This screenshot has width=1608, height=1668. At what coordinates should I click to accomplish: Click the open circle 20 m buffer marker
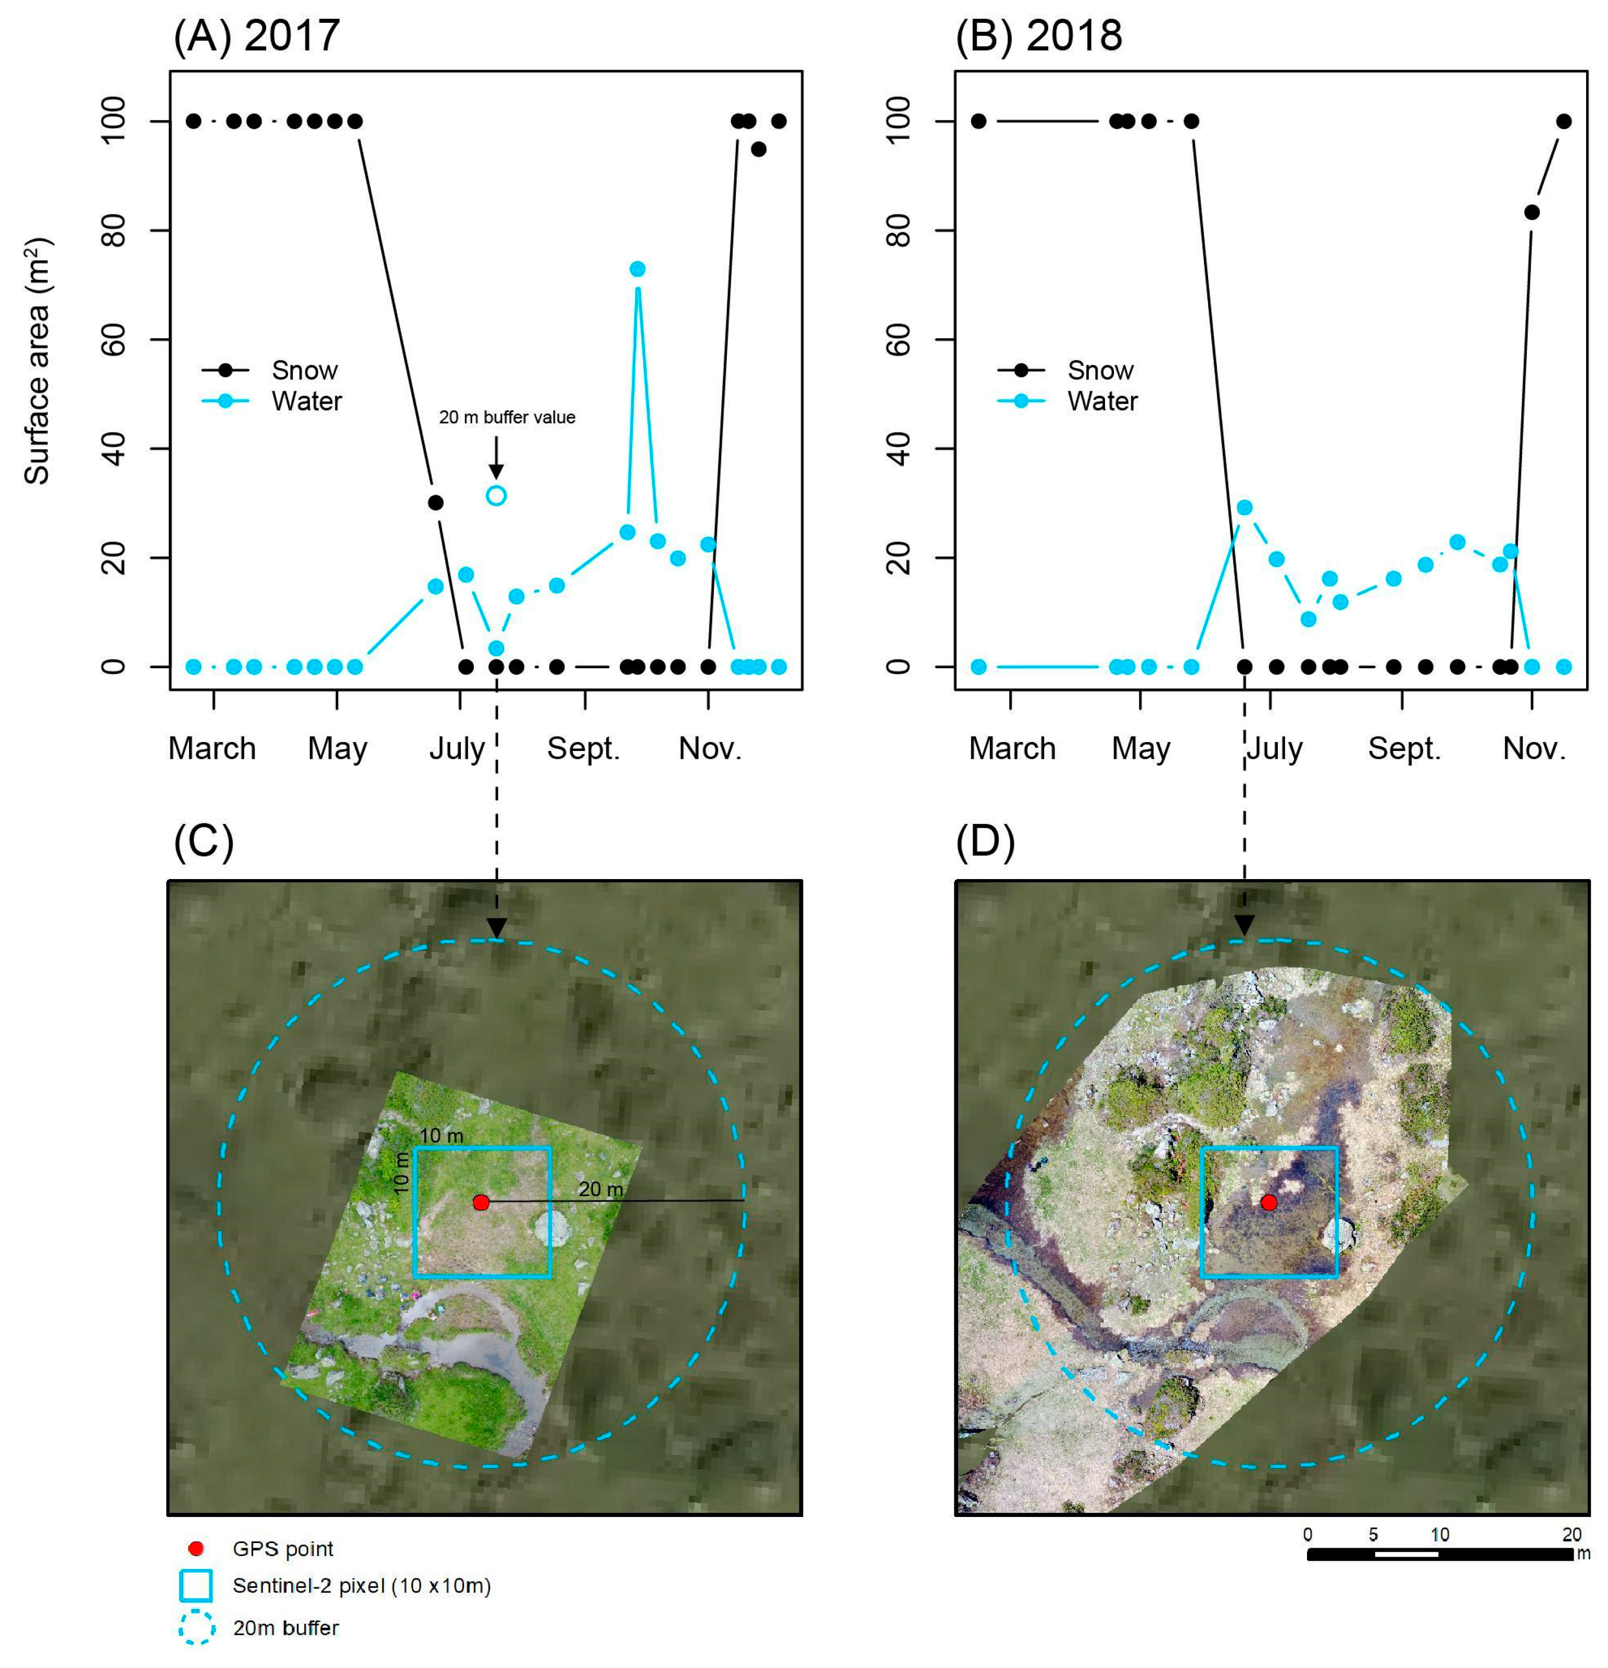pyautogui.click(x=496, y=495)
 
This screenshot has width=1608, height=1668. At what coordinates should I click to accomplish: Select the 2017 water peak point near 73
pyautogui.click(x=637, y=269)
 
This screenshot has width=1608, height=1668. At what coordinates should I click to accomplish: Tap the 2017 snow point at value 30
pyautogui.click(x=436, y=502)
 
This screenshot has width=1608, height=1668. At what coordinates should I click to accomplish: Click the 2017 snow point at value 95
pyautogui.click(x=759, y=149)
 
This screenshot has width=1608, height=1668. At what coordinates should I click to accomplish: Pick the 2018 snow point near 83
pyautogui.click(x=1531, y=212)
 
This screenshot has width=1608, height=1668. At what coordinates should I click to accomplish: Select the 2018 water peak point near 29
pyautogui.click(x=1245, y=507)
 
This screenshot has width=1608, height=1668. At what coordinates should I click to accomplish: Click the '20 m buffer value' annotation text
pyautogui.click(x=507, y=417)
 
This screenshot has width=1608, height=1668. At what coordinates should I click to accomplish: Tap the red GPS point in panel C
pyautogui.click(x=481, y=1202)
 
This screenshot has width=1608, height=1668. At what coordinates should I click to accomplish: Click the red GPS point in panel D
pyautogui.click(x=1268, y=1202)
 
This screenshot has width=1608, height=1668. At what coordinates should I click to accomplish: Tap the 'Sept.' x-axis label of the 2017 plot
pyautogui.click(x=584, y=749)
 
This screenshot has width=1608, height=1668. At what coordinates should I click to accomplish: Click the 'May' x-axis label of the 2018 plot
pyautogui.click(x=1141, y=749)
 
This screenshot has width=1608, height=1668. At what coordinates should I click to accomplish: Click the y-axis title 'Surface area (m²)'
pyautogui.click(x=36, y=362)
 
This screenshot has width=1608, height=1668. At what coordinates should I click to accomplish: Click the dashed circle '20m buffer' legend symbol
pyautogui.click(x=196, y=1627)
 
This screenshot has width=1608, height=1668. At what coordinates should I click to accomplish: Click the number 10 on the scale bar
pyautogui.click(x=1439, y=1534)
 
